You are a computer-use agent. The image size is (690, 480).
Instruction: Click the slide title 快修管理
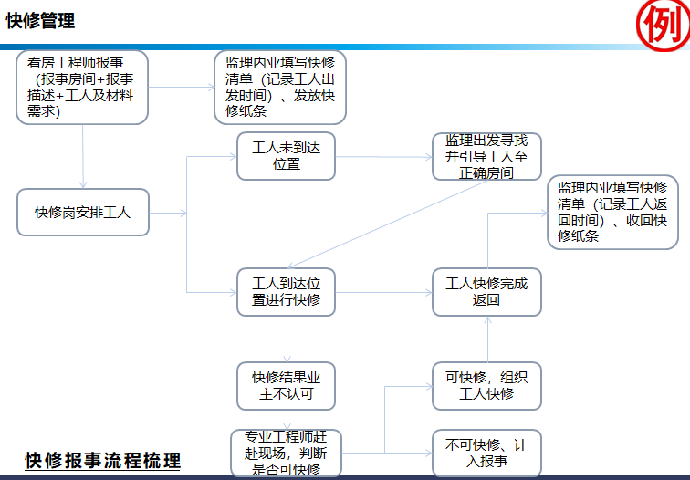(x=40, y=21)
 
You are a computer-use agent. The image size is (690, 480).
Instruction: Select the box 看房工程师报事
(x=82, y=88)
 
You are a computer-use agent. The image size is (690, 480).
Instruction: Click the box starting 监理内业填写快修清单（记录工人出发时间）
(x=286, y=88)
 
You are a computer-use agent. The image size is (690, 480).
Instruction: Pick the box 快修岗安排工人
(x=82, y=213)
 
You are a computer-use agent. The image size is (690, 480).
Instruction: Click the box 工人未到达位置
(x=287, y=156)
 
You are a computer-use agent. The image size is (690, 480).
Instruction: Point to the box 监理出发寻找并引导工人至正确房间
(x=486, y=156)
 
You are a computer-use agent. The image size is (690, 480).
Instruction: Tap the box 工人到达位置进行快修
(x=287, y=292)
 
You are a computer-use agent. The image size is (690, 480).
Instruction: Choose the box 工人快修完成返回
(x=486, y=292)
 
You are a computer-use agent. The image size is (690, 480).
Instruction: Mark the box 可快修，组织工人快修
(x=486, y=385)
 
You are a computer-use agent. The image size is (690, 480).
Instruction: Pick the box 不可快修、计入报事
(x=486, y=453)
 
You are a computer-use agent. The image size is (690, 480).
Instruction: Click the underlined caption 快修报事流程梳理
(x=102, y=461)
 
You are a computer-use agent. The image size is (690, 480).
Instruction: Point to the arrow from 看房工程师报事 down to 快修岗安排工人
(x=83, y=156)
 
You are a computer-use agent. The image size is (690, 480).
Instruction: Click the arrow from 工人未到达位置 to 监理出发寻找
(x=383, y=156)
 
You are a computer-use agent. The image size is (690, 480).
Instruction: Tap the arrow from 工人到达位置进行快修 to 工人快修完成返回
(x=383, y=293)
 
